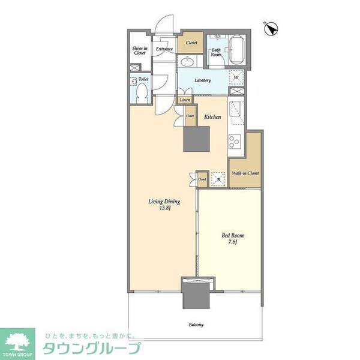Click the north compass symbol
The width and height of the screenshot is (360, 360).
(271, 28)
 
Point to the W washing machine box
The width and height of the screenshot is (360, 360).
(236, 77)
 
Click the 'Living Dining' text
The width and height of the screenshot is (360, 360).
(164, 202)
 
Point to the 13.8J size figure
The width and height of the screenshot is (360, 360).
(165, 209)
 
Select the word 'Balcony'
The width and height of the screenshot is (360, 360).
(196, 325)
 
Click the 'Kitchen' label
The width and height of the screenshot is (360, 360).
(212, 117)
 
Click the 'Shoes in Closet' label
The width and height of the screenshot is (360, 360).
(139, 51)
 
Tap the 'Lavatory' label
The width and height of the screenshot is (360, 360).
(202, 80)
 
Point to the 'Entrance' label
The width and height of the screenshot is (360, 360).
(164, 49)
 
